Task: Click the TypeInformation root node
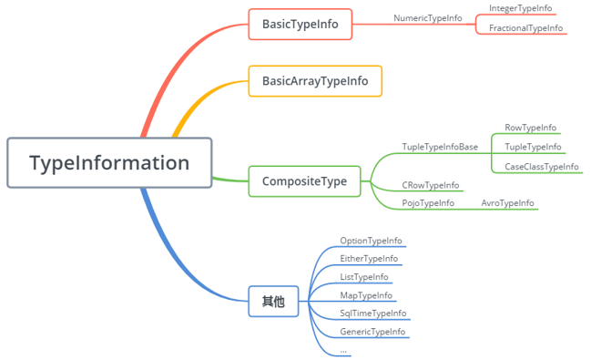(x=109, y=163)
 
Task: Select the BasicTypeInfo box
(x=300, y=25)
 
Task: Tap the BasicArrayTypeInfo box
(x=315, y=81)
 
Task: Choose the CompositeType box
(x=304, y=181)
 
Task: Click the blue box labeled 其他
(x=273, y=301)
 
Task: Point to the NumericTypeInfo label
(x=427, y=18)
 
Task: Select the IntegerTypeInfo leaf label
(x=520, y=8)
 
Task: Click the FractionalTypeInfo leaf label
(x=525, y=28)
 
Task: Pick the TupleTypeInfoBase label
(x=440, y=147)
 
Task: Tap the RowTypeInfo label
(x=530, y=128)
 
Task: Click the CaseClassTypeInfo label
(x=541, y=167)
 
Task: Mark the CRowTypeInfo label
(x=430, y=185)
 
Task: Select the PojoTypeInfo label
(x=428, y=203)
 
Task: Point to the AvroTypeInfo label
(x=507, y=203)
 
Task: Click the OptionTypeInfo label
(x=371, y=241)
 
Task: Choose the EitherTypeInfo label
(x=369, y=259)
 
